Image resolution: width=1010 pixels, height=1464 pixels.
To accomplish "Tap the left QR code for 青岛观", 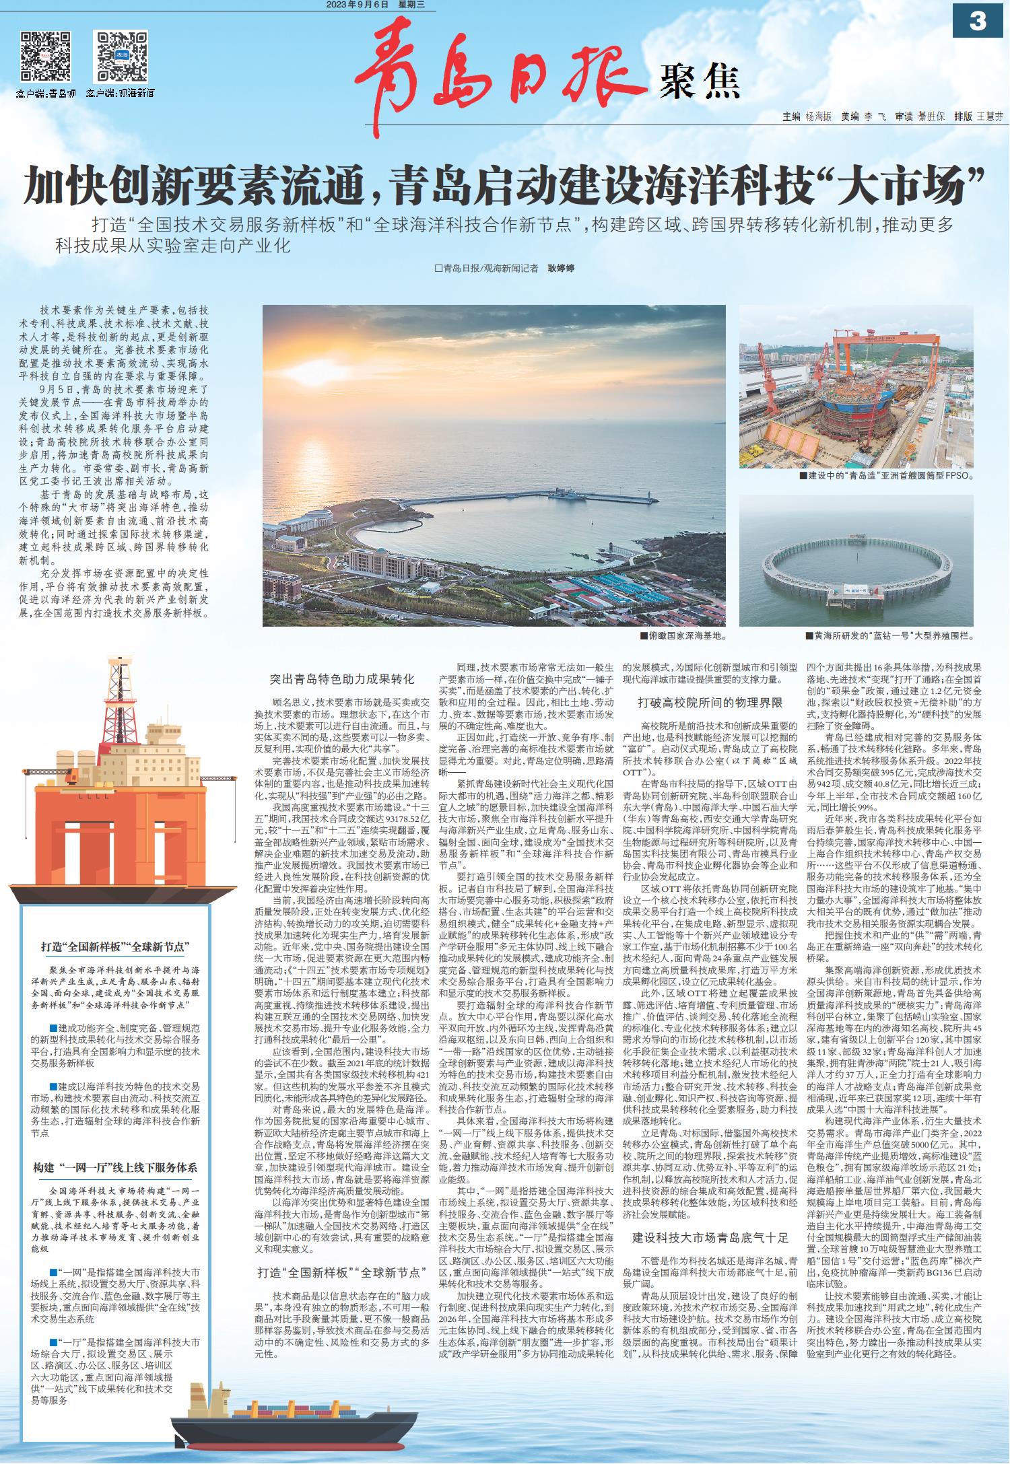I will click(46, 55).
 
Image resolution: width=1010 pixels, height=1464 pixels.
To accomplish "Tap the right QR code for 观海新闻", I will click(121, 55).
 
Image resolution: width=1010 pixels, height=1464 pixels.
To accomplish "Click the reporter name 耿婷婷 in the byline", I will click(560, 269).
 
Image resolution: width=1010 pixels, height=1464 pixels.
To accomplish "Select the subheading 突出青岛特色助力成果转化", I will click(343, 679).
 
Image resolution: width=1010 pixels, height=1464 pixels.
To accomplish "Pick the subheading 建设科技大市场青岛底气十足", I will click(710, 1238).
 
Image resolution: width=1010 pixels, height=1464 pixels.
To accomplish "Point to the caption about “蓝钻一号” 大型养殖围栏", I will click(889, 635).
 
